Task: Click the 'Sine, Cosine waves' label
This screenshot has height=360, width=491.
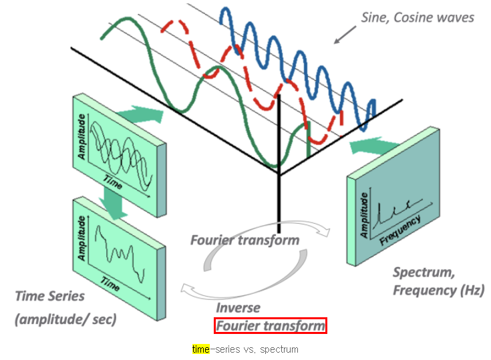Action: tap(417, 17)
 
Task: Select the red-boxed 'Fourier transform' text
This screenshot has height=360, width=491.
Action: tap(270, 326)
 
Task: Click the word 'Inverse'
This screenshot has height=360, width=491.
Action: tap(237, 308)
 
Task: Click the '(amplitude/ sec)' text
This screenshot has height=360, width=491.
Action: tap(65, 319)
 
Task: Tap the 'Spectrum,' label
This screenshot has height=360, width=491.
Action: tap(424, 272)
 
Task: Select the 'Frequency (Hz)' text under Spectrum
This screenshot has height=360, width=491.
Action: tap(438, 291)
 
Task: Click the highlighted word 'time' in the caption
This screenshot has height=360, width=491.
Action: tap(200, 349)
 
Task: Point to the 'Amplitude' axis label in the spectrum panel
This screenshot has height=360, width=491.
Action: tap(365, 214)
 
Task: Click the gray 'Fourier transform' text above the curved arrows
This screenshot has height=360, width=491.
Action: tap(244, 240)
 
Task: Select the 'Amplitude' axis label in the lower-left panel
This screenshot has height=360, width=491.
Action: tap(83, 238)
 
